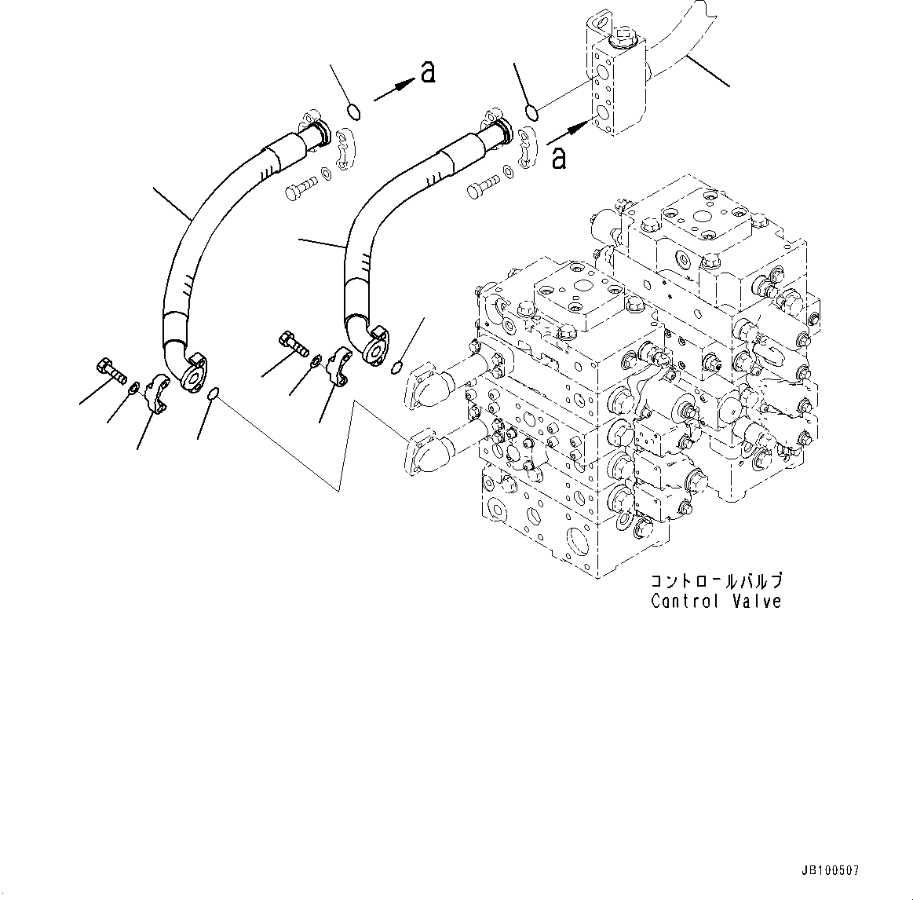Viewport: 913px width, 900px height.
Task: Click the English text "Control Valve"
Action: pos(716,602)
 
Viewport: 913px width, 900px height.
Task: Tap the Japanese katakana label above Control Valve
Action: pos(716,582)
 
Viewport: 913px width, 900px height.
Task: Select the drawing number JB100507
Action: pos(831,871)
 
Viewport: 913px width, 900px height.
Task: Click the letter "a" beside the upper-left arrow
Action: pos(427,72)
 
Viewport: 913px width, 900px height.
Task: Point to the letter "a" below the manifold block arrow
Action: pos(558,157)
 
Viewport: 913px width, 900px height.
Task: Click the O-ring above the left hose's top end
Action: pos(354,112)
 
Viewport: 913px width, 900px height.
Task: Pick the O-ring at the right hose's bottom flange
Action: pos(398,364)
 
